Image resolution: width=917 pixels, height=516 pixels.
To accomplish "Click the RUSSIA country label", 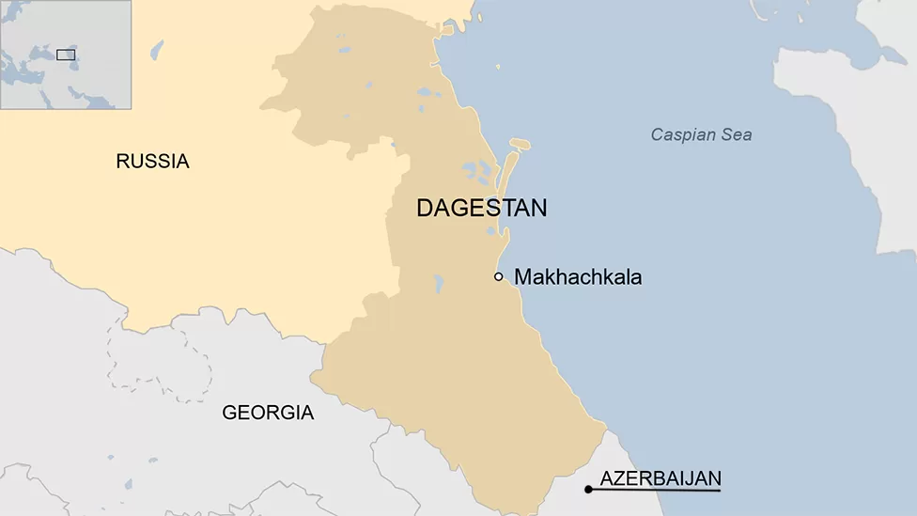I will (x=152, y=162).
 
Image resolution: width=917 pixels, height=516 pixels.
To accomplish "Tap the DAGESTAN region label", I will (x=481, y=209).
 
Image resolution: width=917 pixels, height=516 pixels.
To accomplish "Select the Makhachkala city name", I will (x=578, y=277).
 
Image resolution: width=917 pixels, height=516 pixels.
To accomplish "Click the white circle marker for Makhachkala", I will (x=499, y=276).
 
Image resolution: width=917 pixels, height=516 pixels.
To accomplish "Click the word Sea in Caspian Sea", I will (x=737, y=134).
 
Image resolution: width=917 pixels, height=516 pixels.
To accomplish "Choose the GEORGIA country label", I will (x=268, y=413).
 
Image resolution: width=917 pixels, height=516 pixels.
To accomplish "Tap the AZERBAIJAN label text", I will (x=661, y=477).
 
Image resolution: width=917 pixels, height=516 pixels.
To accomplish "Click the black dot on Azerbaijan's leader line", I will (x=588, y=490).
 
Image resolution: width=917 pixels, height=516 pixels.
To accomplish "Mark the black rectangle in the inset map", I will (x=66, y=55).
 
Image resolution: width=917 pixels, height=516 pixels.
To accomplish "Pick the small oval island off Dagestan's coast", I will (x=520, y=144).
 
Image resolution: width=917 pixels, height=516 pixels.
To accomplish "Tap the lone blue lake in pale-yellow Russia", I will (x=156, y=50).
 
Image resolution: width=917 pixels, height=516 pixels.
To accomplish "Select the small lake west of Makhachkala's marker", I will (x=439, y=283).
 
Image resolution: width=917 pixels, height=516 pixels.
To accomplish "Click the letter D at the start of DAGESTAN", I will (x=424, y=209).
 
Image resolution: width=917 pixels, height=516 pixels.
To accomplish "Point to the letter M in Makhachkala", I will (x=523, y=277).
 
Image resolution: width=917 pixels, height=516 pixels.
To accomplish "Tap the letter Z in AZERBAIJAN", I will (x=619, y=477).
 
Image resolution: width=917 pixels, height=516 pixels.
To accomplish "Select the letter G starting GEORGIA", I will (x=229, y=413).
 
